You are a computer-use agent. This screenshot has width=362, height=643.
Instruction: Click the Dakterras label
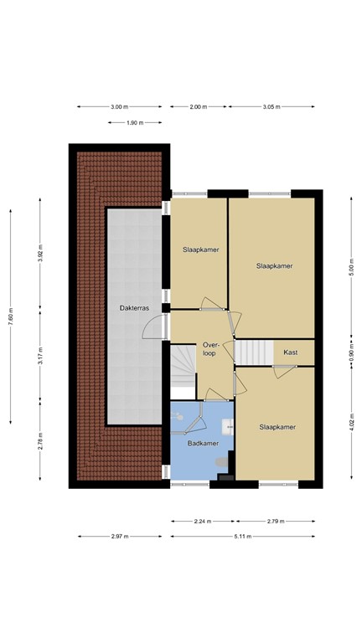coord(133,308)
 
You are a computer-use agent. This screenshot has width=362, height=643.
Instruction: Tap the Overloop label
coord(209,348)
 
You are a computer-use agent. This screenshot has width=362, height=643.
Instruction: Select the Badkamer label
coord(203,444)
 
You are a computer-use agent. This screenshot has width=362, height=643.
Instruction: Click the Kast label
coord(290,352)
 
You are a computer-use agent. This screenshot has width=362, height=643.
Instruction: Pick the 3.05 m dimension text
coord(271,107)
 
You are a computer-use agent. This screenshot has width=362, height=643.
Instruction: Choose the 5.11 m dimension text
coord(243,537)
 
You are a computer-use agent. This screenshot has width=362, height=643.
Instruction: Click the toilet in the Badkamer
coord(222,461)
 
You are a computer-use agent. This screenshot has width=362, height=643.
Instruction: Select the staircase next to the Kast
coord(251,352)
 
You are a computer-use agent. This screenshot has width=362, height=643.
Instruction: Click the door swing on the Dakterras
coord(155,325)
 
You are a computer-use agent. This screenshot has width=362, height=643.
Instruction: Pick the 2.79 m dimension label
coord(276,522)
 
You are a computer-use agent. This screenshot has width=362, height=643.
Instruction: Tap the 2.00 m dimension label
coord(198,107)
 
